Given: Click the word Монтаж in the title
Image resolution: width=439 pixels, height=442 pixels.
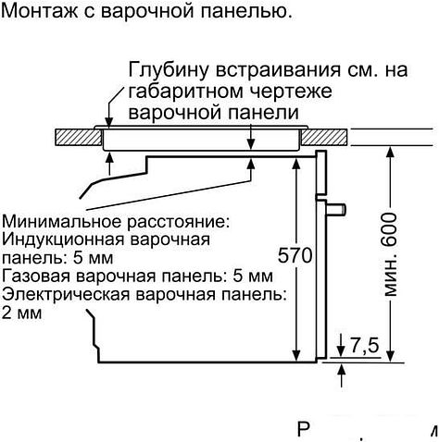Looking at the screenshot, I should pyautogui.click(x=38, y=13).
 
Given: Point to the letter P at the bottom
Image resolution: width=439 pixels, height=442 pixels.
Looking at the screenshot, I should pyautogui.click(x=306, y=431).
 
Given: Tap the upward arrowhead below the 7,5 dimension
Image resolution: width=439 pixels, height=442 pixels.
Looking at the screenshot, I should pyautogui.click(x=343, y=370).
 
